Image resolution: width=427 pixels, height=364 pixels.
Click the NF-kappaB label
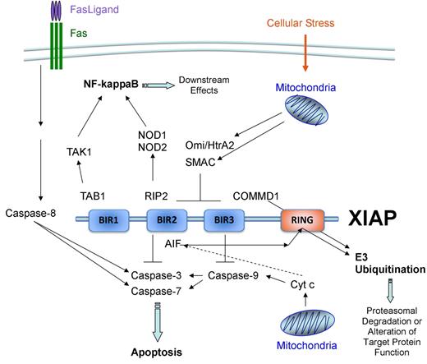(x=115, y=84)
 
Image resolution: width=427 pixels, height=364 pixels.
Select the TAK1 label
(x=80, y=152)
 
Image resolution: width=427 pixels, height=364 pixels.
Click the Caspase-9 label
(x=232, y=276)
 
